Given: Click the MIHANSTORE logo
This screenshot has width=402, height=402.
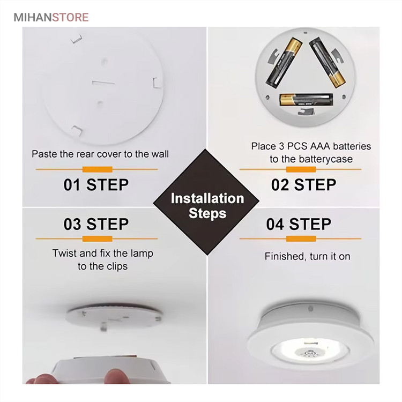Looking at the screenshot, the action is [x=51, y=17].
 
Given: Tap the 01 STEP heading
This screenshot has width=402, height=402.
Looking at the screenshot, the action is [x=96, y=184].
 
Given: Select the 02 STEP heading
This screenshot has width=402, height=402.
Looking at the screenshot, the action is [x=303, y=184].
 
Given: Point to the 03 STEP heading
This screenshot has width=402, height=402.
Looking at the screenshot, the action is [x=96, y=224].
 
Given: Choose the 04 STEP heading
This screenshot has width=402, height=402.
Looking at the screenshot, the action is [x=299, y=224].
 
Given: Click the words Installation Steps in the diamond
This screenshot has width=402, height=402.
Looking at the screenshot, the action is [x=207, y=206].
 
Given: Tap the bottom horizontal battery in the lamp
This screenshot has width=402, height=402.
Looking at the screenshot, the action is [x=306, y=100].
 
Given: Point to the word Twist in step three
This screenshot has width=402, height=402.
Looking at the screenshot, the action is [x=64, y=254].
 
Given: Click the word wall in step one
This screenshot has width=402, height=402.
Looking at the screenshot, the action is [x=160, y=154].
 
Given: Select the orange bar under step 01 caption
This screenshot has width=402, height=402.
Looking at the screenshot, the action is [x=97, y=169].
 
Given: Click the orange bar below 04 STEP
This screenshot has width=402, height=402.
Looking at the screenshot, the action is [x=301, y=239].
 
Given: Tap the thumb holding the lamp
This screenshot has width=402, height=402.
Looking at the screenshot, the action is [x=115, y=376].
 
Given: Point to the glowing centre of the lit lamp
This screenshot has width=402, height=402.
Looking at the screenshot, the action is [x=310, y=352].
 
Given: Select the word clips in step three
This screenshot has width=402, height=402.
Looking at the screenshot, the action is [x=117, y=266].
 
